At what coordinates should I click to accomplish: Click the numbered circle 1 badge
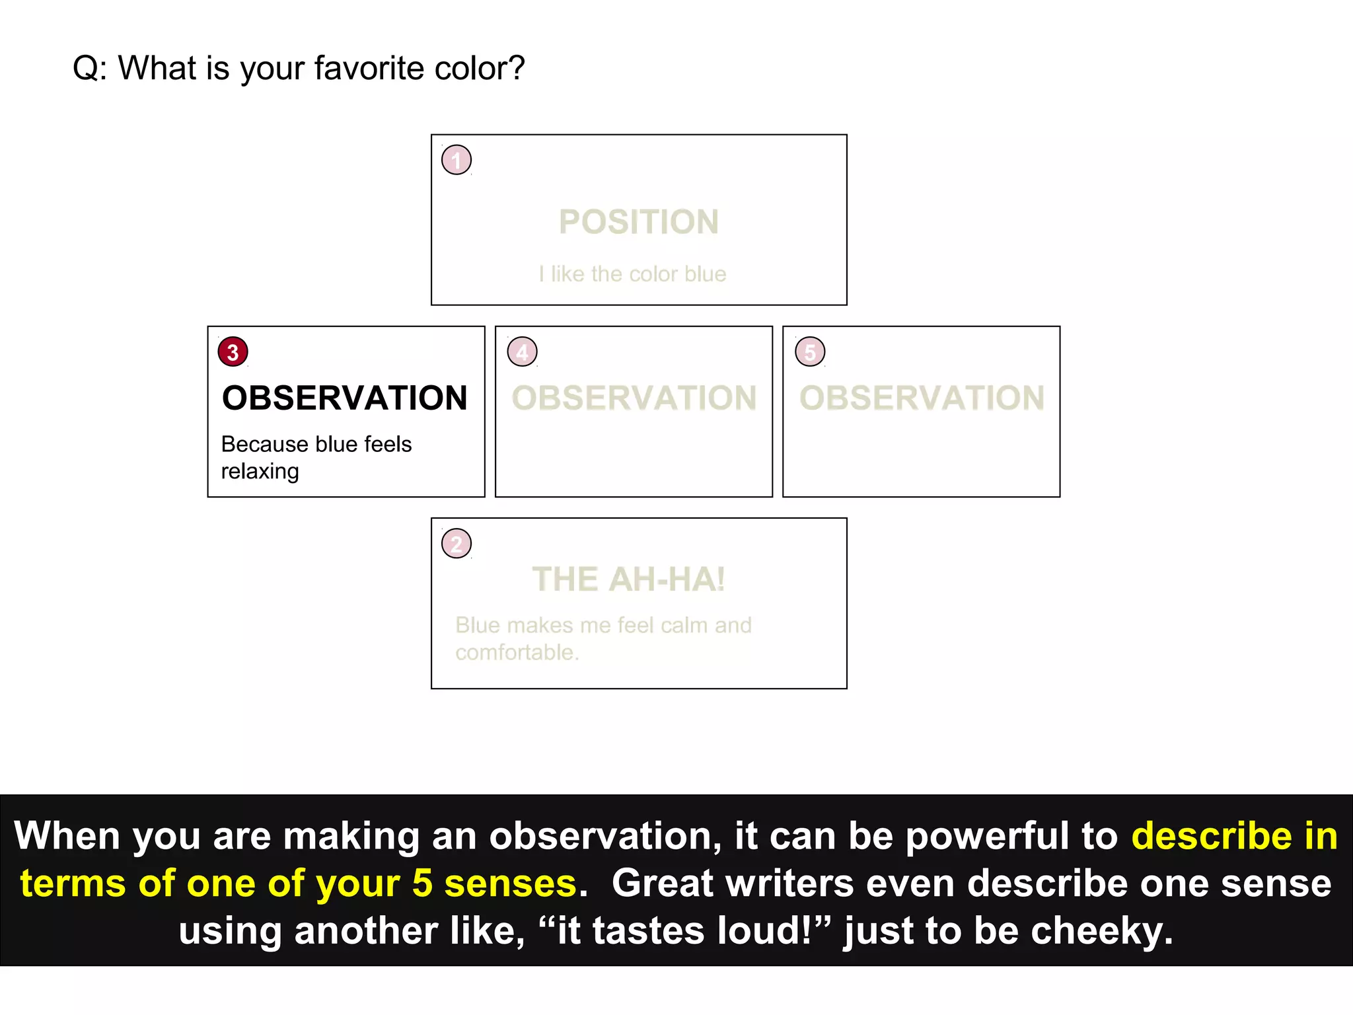457,160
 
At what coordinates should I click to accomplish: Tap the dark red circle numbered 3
233,352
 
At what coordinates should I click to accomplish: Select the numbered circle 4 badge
522,352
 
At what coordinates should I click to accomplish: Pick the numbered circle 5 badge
810,352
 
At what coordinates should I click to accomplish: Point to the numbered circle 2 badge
457,544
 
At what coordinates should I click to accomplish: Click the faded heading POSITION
639,222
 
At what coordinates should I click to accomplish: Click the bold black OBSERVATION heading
345,398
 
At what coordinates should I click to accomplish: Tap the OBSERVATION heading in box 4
634,398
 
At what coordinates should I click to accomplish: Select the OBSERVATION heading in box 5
922,398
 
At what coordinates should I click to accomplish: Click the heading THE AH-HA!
629,580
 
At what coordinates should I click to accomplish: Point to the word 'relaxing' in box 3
260,472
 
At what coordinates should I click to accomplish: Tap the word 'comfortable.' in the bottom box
517,653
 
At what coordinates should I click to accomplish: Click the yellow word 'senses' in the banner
511,883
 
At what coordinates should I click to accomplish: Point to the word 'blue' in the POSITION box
706,274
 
